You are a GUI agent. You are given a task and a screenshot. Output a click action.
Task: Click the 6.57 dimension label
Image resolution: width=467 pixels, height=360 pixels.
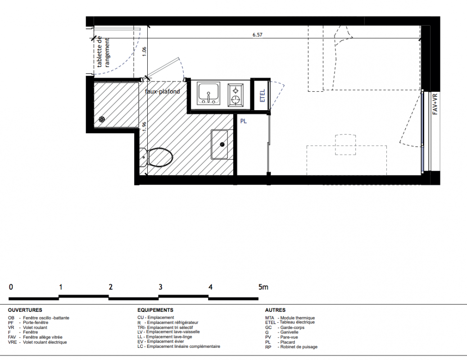coord(257,35)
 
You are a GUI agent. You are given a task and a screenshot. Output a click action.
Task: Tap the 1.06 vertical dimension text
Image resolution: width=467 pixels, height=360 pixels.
coord(144,52)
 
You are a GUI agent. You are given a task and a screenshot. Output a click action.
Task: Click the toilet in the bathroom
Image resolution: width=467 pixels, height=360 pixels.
coord(156,157)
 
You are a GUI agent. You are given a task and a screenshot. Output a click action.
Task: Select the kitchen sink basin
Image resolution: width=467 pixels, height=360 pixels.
coord(209,94)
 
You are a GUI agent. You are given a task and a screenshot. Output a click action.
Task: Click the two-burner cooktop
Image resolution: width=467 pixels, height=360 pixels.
coord(236,95)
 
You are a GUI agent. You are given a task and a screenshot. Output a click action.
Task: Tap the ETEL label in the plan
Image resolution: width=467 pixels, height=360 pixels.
coord(263,95)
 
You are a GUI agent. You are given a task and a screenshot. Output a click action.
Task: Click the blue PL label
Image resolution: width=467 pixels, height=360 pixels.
coord(243,121)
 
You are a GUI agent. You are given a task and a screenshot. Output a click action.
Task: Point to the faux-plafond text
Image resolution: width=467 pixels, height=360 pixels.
coord(162,91)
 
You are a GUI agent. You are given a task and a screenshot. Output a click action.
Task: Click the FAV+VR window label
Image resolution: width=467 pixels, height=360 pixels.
coord(435,104)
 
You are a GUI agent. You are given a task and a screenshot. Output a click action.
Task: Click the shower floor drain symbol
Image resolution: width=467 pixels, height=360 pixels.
coord(102,120)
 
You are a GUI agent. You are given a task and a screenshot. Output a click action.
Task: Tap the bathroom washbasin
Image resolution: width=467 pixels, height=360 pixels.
coord(219,144)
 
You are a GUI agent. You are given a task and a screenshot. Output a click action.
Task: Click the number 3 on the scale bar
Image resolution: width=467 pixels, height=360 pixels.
coord(160,287)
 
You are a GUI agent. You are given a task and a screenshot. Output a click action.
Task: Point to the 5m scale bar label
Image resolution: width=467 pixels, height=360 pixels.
coord(263,287)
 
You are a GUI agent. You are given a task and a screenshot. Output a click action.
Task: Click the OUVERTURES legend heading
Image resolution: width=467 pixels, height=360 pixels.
coord(25,310)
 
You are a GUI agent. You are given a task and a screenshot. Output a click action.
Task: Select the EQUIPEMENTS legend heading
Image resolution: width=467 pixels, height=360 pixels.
coord(155,310)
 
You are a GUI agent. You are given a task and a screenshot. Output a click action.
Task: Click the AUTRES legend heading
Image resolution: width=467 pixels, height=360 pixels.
coord(275,310)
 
